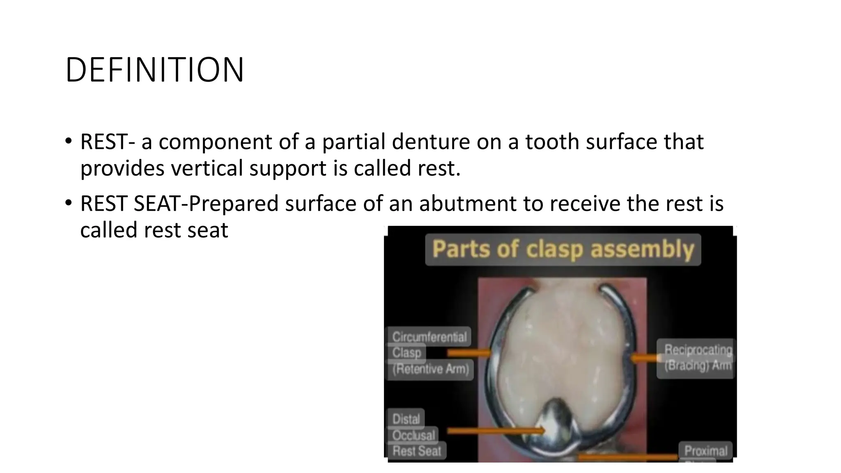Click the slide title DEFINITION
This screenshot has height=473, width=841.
[154, 70]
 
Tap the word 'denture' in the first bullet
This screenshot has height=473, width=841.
[431, 142]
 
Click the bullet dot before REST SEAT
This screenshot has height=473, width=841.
[69, 202]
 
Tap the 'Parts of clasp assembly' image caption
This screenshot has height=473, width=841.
[563, 249]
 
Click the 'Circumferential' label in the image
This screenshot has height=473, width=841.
[429, 337]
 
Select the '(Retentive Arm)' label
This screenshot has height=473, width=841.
[430, 369]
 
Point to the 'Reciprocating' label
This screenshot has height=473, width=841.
[698, 349]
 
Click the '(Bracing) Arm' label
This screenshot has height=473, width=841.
[698, 365]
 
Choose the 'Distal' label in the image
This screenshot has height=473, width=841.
[406, 419]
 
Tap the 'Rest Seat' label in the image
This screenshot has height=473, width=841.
[417, 451]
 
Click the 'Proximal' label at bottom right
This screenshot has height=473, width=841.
[705, 450]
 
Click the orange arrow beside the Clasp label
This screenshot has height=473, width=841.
[468, 353]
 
